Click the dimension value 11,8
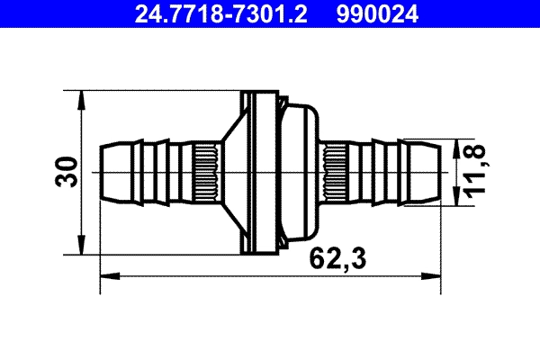point(474,172)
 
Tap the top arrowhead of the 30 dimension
point(82,95)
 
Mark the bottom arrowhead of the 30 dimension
point(82,249)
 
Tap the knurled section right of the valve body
point(338,172)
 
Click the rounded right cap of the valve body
point(301,172)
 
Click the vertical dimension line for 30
point(82,207)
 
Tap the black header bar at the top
point(270,13)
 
